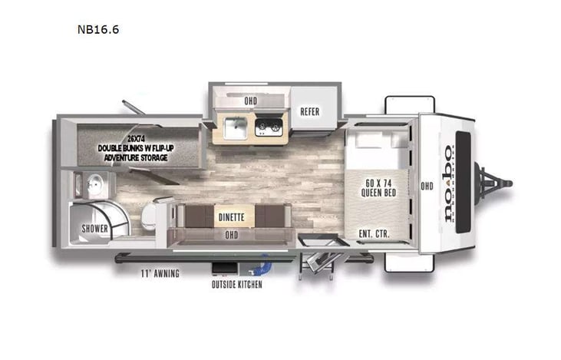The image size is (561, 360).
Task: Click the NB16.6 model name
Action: click(97, 31)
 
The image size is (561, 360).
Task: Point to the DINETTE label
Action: click(231, 217)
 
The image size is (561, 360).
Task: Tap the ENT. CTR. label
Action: click(372, 233)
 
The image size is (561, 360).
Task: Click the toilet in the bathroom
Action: click(154, 214)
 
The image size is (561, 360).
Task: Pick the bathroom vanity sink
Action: click(95, 184)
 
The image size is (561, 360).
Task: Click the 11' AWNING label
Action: click(160, 273)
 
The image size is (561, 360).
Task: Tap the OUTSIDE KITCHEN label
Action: click(236, 285)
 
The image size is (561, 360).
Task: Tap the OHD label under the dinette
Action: click(230, 236)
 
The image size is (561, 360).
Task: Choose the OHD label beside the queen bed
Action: click(427, 186)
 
